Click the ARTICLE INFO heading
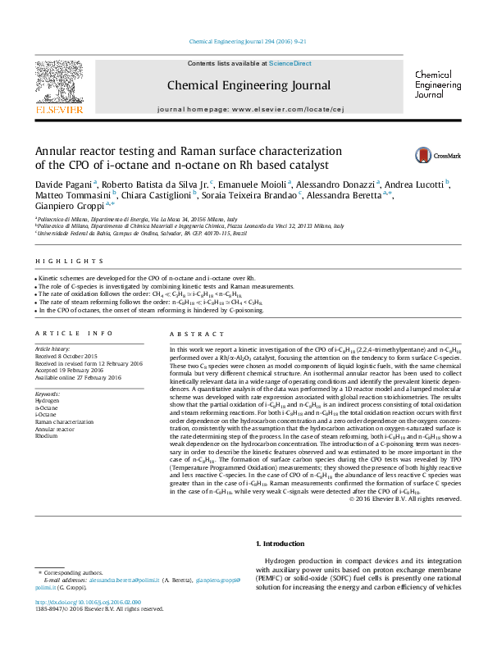73,334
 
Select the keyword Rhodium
46,413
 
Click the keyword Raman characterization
66,399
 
